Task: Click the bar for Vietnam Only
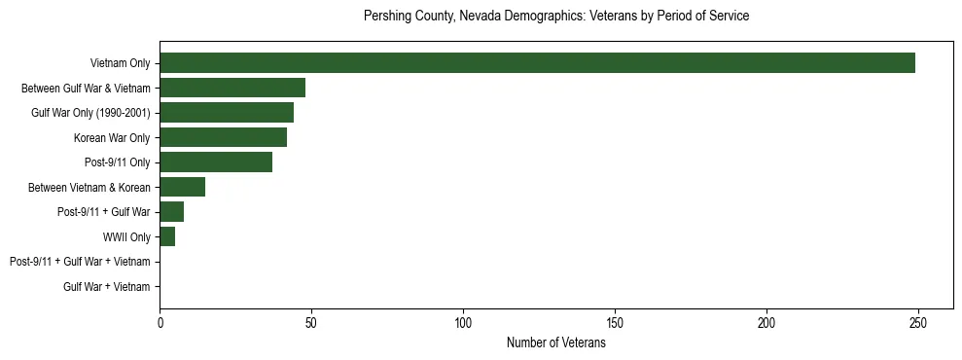(x=537, y=63)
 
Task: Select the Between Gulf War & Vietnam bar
(x=232, y=88)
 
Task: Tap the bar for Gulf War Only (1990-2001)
(x=227, y=113)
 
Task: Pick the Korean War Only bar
(x=223, y=137)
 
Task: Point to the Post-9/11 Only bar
(x=216, y=162)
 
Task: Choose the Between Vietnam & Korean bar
(x=182, y=187)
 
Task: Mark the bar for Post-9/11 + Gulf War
(x=171, y=211)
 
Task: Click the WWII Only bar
(x=167, y=236)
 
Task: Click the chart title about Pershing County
(x=555, y=17)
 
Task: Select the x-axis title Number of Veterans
(x=555, y=342)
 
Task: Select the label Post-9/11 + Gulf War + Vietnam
(x=80, y=262)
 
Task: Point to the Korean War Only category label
(x=112, y=137)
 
